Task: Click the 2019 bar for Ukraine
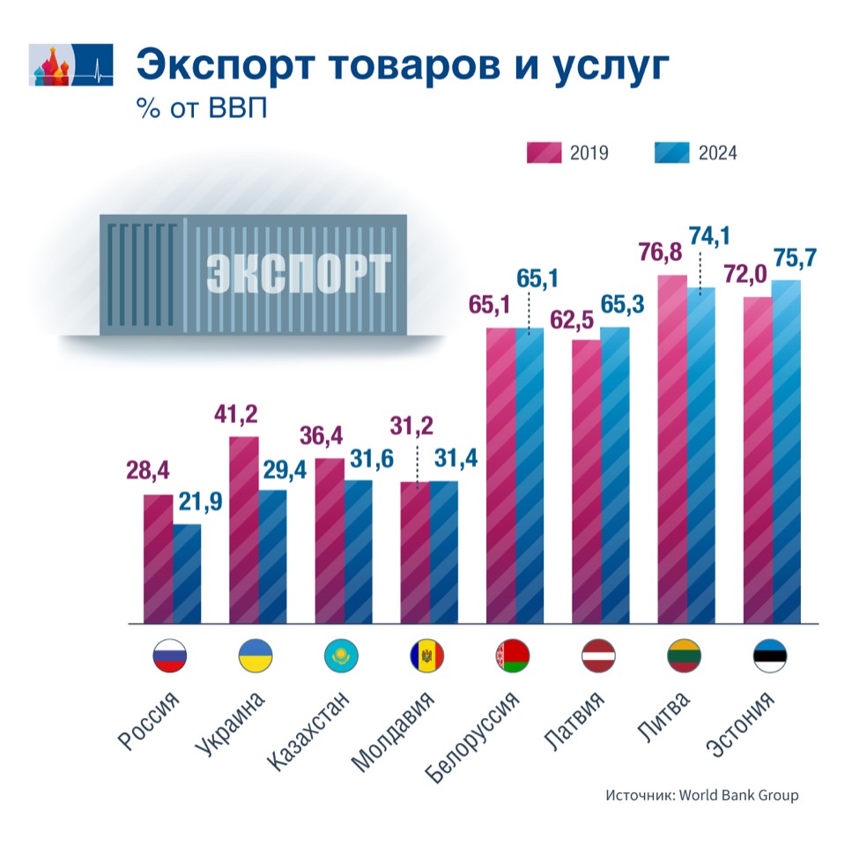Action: coord(244,529)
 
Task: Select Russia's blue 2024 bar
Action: coord(187,573)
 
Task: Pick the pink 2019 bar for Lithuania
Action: coord(673,449)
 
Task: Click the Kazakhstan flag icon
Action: coord(340,655)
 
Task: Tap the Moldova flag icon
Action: coord(426,655)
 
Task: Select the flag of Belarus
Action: coord(513,655)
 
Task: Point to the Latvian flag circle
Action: coord(599,655)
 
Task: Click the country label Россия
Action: coord(150,719)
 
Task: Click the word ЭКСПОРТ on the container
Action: coord(299,274)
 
